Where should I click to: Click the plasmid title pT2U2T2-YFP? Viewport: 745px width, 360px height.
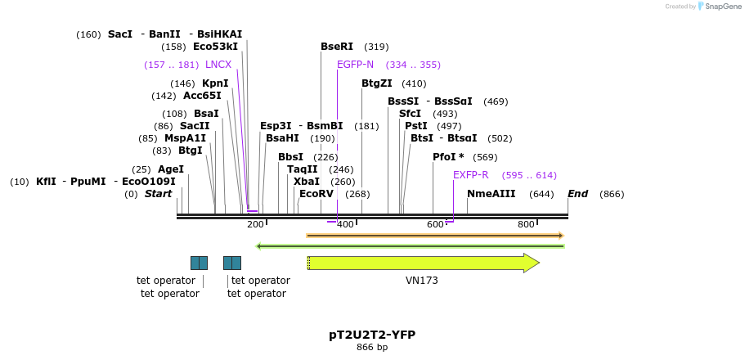pos(372,335)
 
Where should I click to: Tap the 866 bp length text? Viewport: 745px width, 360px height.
pos(372,348)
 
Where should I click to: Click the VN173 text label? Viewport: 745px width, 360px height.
pos(422,281)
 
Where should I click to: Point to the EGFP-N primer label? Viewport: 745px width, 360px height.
pos(355,65)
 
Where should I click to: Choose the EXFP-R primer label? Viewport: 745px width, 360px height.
pos(470,175)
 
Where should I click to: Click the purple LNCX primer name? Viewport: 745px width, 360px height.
pos(218,65)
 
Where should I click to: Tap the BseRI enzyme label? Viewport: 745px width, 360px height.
pos(337,47)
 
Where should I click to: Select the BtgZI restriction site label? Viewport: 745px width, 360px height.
pos(377,83)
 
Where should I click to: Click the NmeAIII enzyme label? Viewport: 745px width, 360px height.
pos(491,194)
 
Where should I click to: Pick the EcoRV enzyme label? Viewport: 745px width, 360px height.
pos(316,194)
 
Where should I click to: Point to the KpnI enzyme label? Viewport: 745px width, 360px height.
pos(215,83)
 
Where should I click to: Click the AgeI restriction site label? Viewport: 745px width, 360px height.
pos(171,169)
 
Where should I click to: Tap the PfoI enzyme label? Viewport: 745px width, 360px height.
pos(448,157)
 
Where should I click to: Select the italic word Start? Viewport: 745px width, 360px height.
pos(159,194)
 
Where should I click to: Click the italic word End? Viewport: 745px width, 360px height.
pos(578,194)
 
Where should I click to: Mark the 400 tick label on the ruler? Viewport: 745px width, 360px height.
pos(345,224)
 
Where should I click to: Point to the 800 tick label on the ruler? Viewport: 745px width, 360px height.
pos(526,224)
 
